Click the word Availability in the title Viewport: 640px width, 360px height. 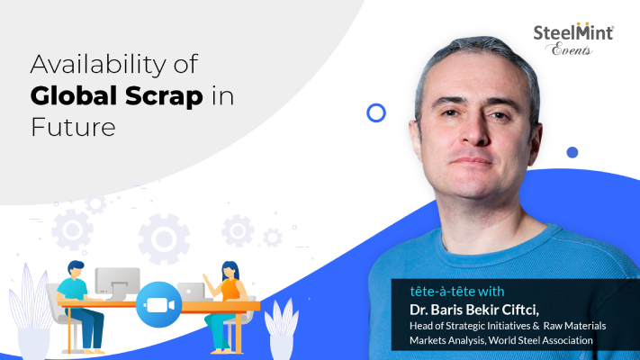99,65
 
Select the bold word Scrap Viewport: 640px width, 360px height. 164,96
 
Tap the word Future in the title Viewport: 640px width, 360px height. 73,127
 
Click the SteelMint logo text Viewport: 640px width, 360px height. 573,32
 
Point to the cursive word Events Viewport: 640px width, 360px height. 571,49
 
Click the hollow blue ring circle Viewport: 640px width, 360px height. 376,113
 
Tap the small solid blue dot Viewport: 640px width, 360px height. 572,152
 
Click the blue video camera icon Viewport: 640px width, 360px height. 158,304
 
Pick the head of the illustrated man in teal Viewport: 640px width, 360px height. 76,270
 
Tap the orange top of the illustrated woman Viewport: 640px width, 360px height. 230,289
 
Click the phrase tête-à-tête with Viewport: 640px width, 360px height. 457,291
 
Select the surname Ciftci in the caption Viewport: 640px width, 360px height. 520,310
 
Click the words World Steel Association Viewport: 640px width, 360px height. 540,340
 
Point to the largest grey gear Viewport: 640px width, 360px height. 164,238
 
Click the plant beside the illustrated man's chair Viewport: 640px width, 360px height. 31,310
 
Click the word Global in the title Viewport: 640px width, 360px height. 75,96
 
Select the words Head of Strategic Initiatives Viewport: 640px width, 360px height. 470,326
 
